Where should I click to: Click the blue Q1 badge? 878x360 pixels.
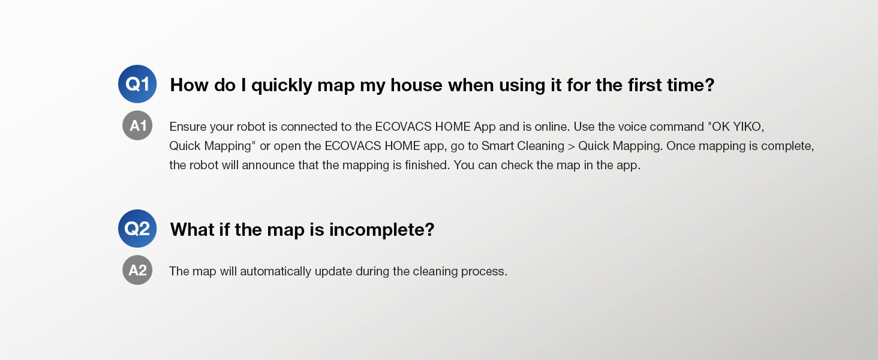coord(137,84)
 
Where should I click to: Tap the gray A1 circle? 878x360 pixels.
coord(137,125)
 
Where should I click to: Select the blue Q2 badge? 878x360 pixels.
coord(137,228)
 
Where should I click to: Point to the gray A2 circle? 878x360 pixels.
coord(137,270)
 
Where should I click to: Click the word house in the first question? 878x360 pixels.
coord(416,85)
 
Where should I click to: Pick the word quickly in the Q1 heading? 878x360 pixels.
coord(282,85)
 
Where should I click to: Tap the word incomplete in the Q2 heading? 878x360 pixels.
coord(381,230)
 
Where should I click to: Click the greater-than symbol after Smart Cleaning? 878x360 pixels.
coord(571,146)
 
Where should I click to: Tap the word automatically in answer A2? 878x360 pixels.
coord(275,271)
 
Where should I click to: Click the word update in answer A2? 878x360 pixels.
coord(333,271)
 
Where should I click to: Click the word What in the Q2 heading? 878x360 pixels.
coord(192,229)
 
